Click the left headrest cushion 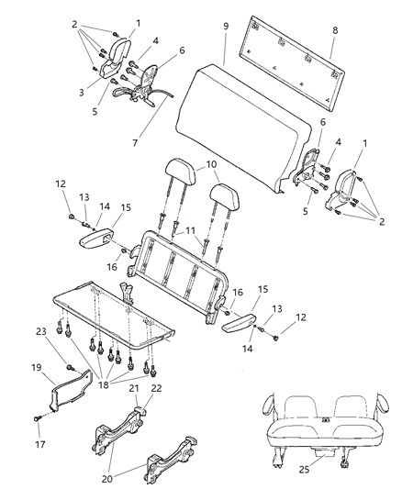[x=174, y=172]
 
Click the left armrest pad [x=99, y=239]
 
